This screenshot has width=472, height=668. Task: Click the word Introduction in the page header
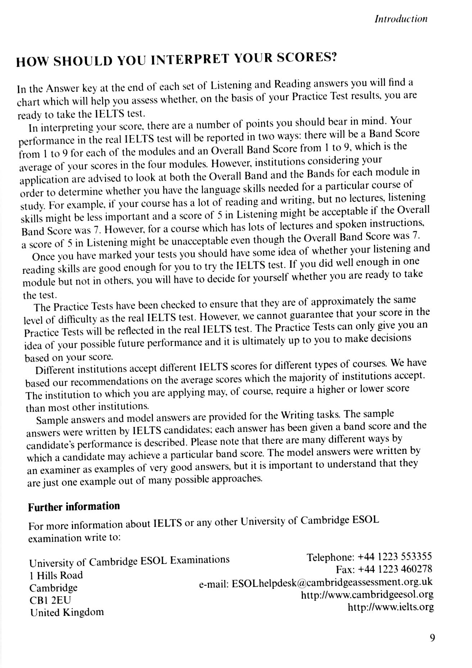coord(401,19)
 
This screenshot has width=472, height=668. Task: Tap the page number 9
coord(432,638)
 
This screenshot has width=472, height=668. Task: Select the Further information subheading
coord(74,507)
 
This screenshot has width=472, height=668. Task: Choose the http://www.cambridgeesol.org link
coord(367,595)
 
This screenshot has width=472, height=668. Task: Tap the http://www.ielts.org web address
coord(391,607)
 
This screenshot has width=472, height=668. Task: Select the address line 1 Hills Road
coord(56,575)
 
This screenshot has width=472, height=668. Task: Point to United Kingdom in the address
coord(67,612)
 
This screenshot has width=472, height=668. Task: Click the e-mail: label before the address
coord(214,584)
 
